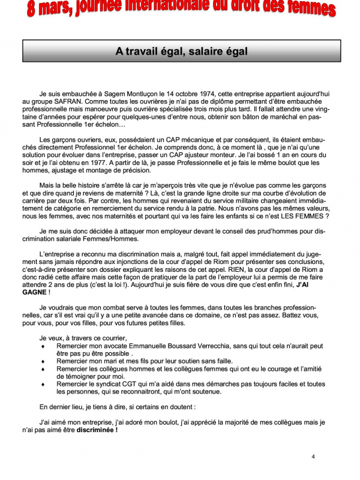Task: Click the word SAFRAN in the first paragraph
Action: point(71,103)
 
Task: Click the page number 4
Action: point(313,457)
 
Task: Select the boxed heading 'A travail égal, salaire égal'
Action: point(181,52)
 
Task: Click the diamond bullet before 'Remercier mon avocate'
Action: point(42,347)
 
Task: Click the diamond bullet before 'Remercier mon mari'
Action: point(42,362)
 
